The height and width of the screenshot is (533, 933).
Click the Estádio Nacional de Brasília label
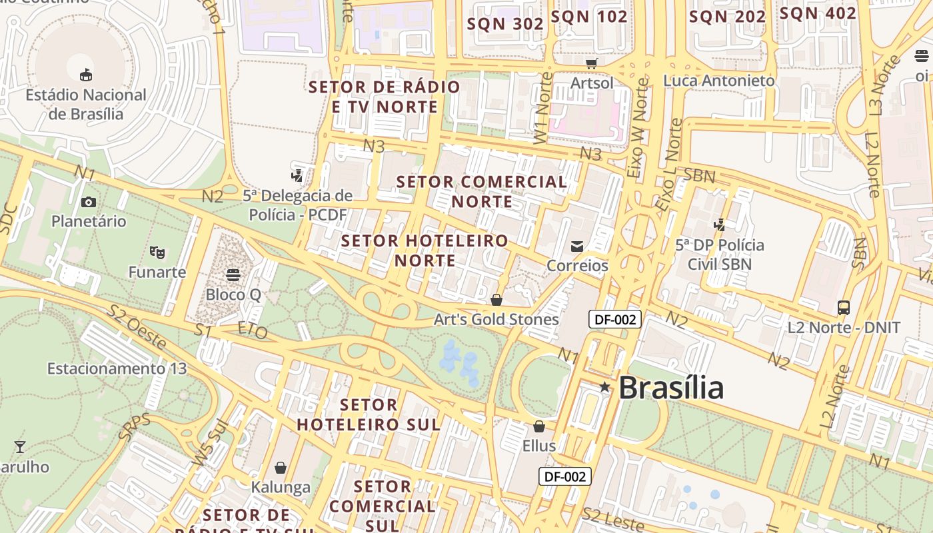click(86, 105)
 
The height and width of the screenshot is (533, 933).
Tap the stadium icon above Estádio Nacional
click(86, 75)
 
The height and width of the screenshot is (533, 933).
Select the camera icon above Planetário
click(88, 202)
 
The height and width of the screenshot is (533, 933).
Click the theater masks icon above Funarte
click(157, 252)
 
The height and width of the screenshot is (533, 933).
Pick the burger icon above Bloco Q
click(233, 274)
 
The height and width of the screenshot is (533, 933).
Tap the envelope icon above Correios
click(577, 247)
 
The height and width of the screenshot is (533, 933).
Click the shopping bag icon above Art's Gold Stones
click(496, 300)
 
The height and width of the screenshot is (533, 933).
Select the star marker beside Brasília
click(604, 387)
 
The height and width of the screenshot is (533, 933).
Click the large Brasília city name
click(671, 388)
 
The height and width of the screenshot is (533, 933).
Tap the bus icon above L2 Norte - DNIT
click(844, 308)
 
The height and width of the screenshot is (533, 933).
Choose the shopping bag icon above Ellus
click(538, 426)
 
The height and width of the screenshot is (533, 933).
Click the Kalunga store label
click(281, 487)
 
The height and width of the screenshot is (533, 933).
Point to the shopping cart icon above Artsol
click(592, 63)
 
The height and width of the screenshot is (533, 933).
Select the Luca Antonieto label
click(719, 81)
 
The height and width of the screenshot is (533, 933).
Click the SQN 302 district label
click(505, 24)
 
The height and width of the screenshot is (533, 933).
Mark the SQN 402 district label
click(818, 13)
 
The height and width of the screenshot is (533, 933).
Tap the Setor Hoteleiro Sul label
click(369, 414)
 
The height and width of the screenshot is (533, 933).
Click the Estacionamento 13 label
click(117, 368)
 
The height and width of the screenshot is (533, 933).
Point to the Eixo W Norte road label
click(638, 129)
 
